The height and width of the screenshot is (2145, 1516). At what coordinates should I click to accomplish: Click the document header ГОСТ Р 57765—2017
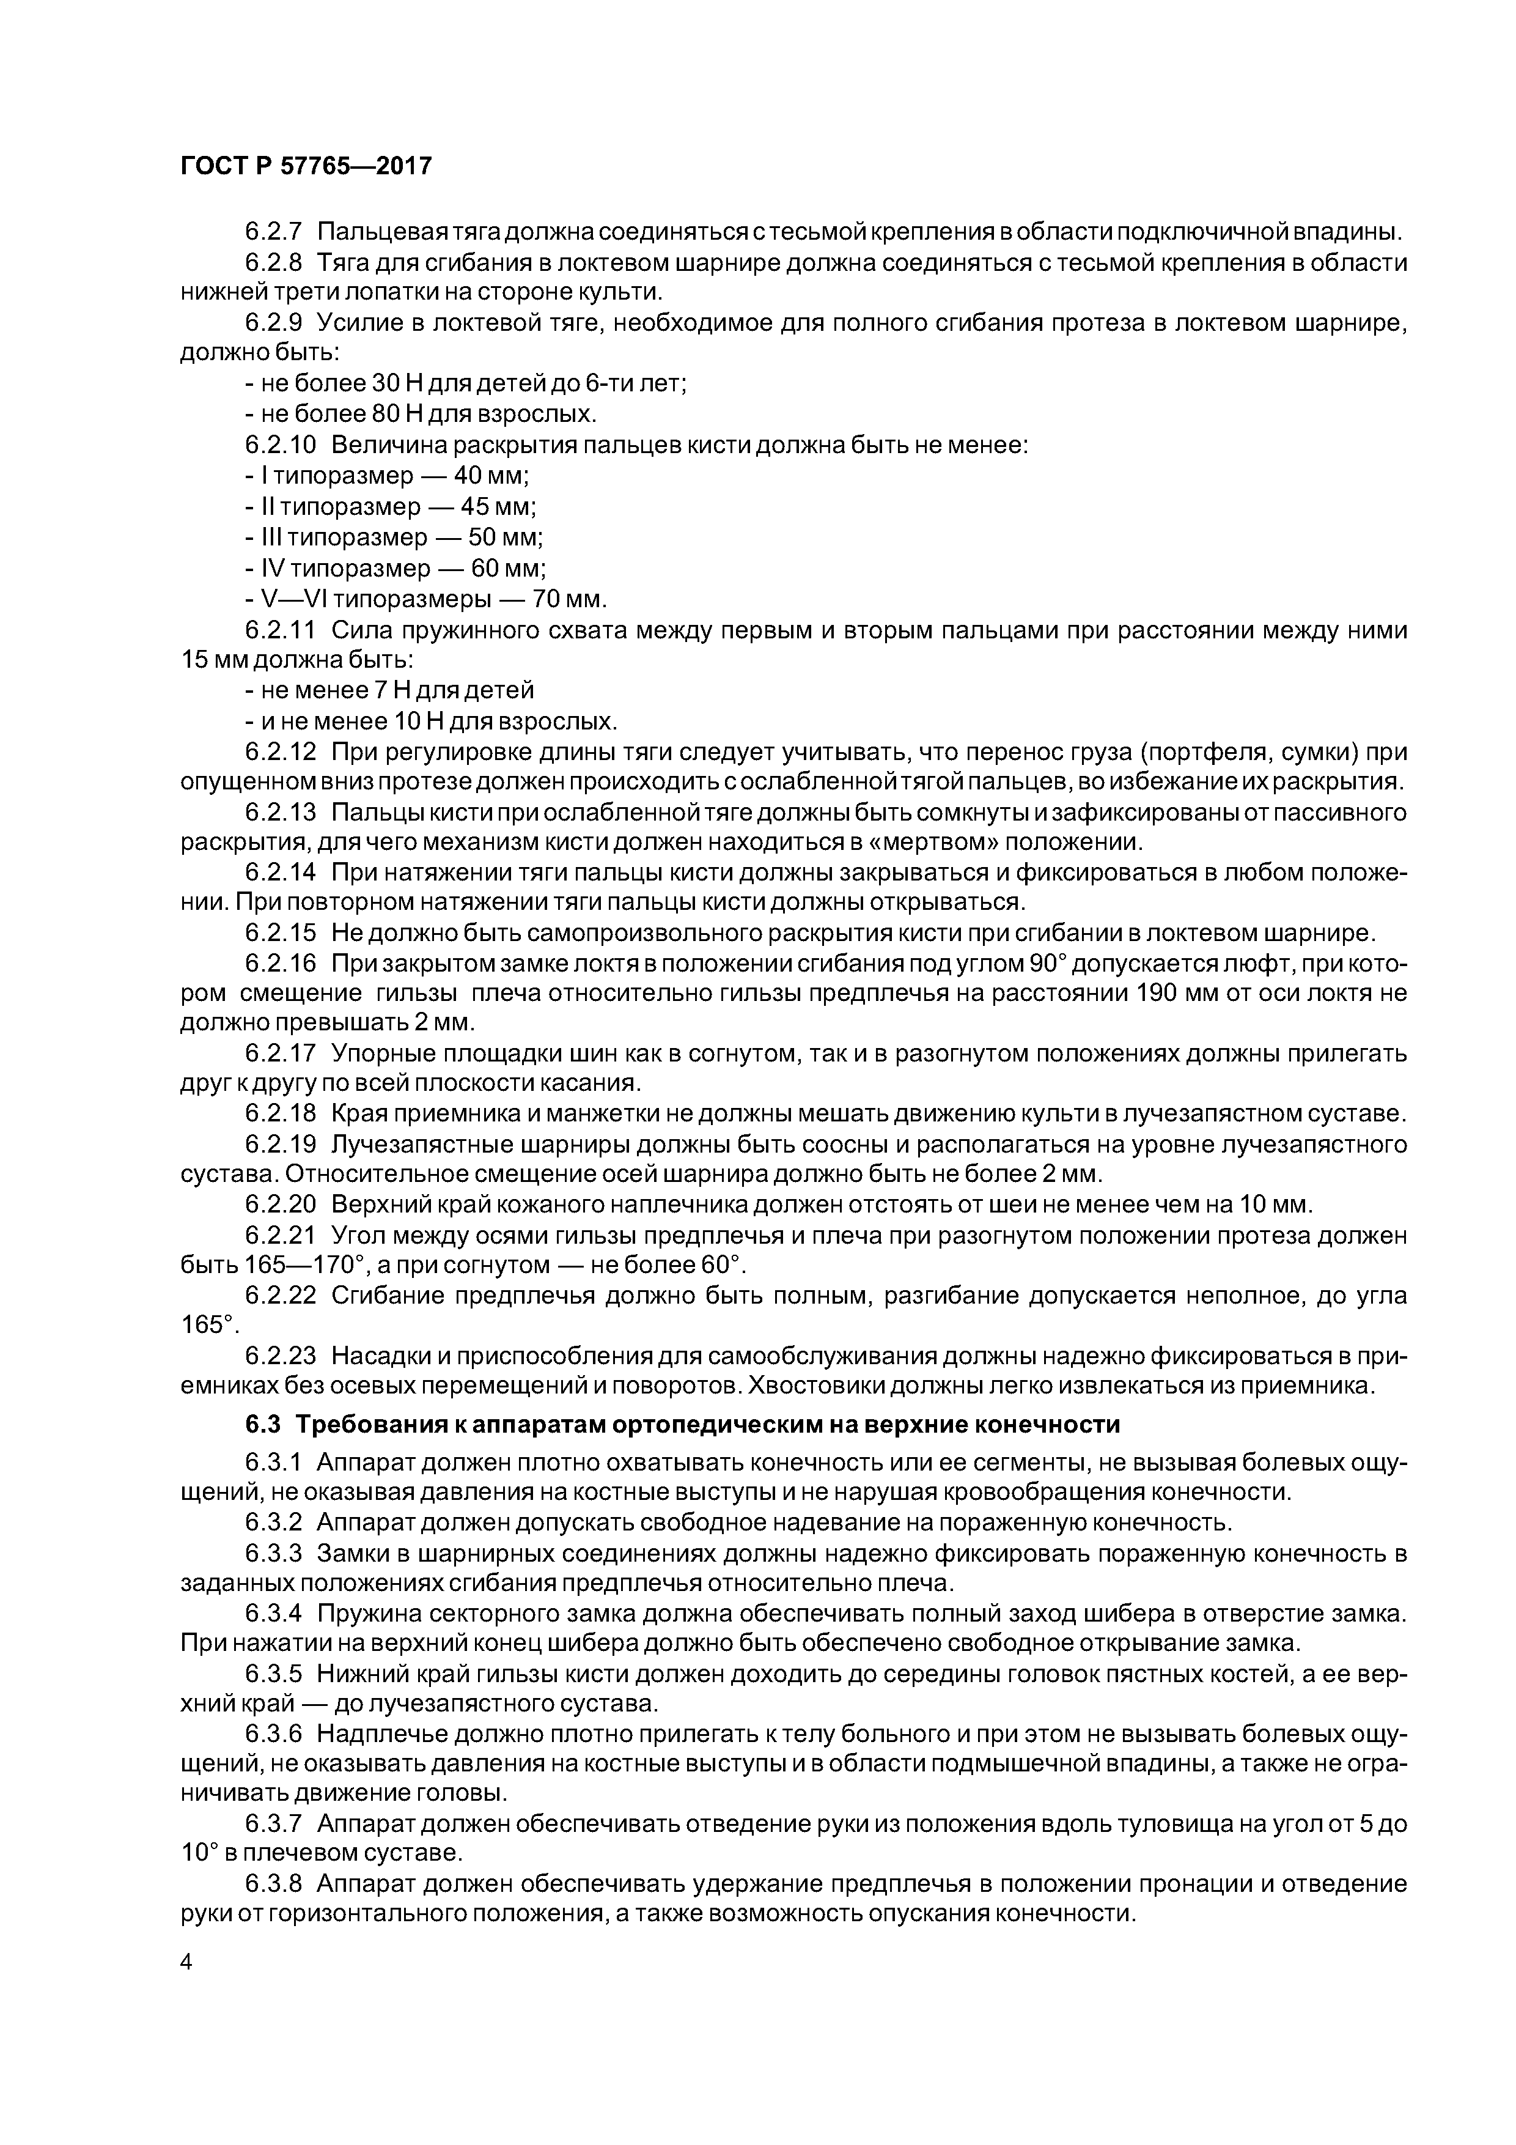[x=306, y=166]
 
